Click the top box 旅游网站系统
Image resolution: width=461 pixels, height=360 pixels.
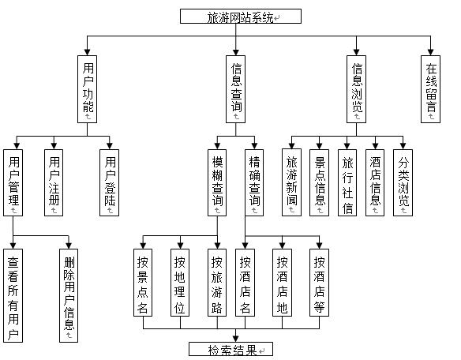click(x=230, y=17)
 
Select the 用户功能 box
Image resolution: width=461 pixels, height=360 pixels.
click(x=88, y=88)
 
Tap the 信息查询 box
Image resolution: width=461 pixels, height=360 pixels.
click(x=235, y=88)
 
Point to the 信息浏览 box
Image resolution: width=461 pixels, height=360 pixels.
click(x=358, y=88)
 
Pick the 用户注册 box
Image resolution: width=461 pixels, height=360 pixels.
click(x=54, y=182)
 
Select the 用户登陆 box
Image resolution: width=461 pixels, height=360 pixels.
click(x=111, y=182)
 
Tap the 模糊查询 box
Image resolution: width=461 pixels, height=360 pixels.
click(x=217, y=182)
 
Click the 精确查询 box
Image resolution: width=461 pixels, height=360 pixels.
click(x=254, y=182)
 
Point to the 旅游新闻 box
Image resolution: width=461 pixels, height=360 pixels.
click(x=292, y=182)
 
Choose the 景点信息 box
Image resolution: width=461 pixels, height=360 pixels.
click(x=320, y=182)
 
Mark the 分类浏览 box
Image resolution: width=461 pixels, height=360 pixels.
click(x=403, y=182)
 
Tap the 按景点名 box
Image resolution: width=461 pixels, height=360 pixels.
click(x=143, y=283)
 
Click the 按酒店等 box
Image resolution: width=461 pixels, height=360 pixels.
click(x=319, y=283)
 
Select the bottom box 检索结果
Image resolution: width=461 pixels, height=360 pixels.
click(x=230, y=350)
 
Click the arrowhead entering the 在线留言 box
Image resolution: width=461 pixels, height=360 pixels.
click(x=430, y=51)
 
